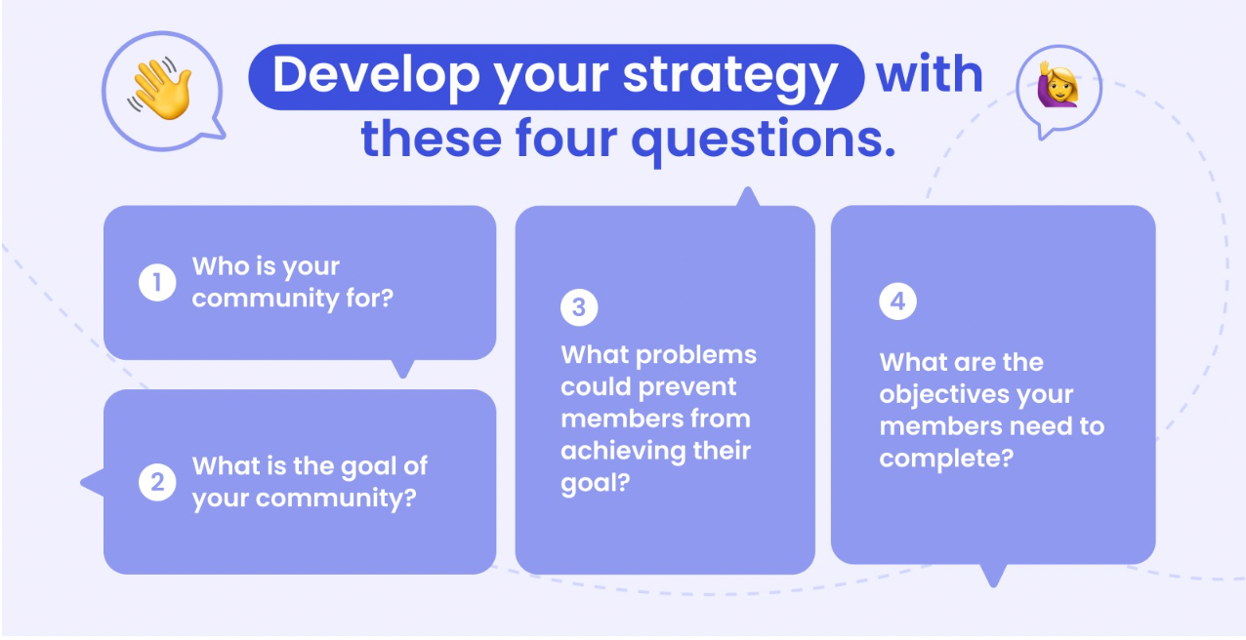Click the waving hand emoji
tap(160, 89)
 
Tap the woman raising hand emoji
tap(1058, 85)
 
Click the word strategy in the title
tap(729, 77)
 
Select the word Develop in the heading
tap(376, 76)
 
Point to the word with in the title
tap(930, 74)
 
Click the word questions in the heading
tap(764, 140)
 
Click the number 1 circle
tap(157, 282)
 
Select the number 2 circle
tap(157, 482)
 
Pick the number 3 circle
tap(579, 307)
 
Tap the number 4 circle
tap(897, 301)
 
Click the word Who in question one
tap(218, 266)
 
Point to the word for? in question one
tap(369, 298)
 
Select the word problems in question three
tap(696, 355)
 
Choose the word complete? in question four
tap(946, 459)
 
